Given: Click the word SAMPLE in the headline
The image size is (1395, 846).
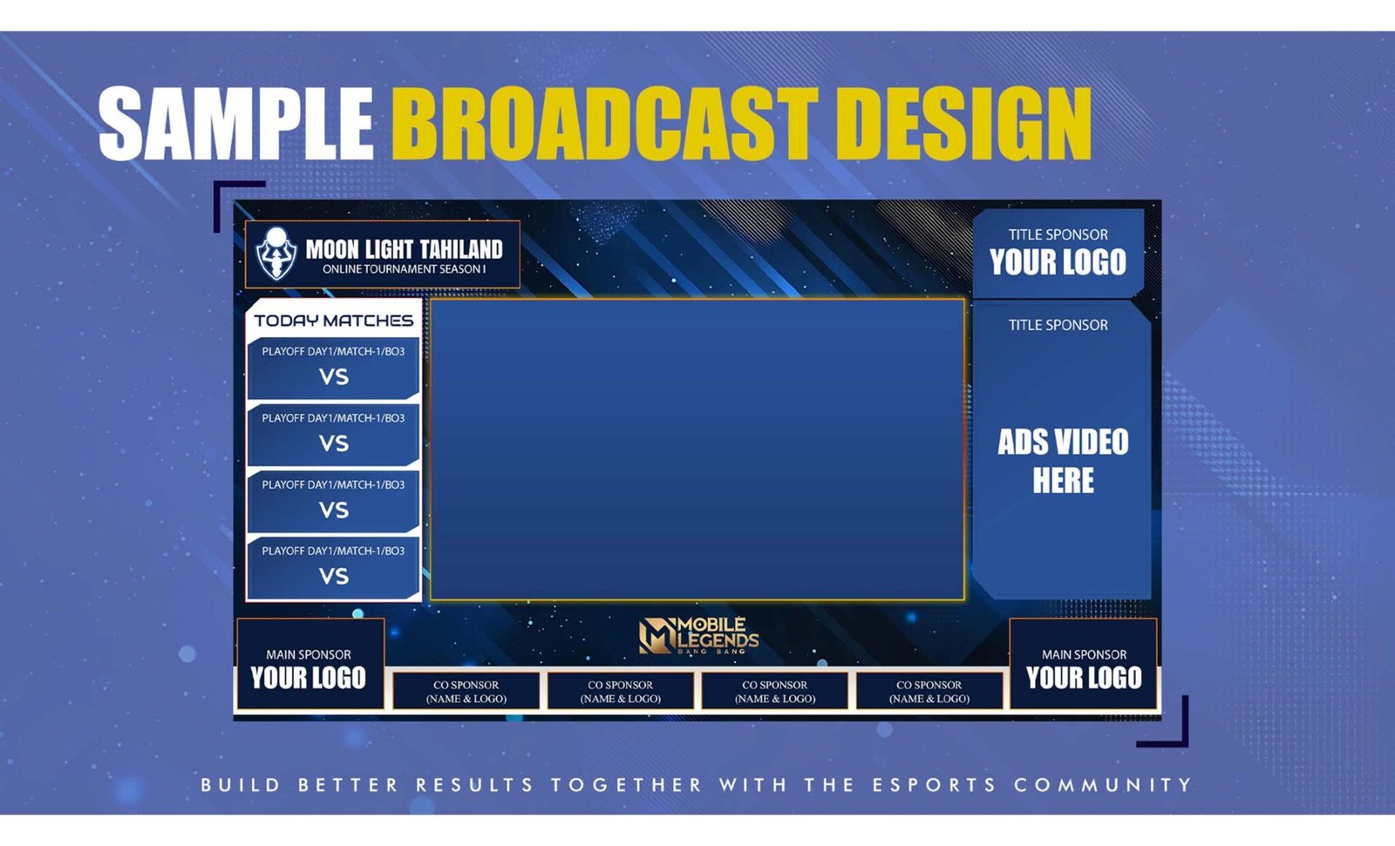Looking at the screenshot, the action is coord(236,123).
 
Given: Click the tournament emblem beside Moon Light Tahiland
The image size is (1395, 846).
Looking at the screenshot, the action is coord(276,254).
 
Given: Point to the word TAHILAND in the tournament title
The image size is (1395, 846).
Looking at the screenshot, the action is coord(461,250).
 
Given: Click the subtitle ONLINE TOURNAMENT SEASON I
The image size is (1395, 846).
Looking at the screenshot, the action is coord(404,269).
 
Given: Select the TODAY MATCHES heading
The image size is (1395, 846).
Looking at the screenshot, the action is coord(333,321).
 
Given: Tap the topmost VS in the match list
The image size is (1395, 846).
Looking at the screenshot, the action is coord(334,376).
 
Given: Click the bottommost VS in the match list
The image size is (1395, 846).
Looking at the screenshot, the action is coord(334,576).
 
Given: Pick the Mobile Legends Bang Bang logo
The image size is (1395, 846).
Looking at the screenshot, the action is coord(698,636).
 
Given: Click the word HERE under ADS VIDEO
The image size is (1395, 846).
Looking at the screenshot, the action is coord(1063,480).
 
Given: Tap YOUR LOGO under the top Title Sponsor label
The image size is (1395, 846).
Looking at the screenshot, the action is coord(1058,261).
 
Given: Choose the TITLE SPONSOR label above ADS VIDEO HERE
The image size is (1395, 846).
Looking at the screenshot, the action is coord(1058,325).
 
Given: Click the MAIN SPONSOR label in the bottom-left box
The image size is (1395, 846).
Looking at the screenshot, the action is coord(309,655).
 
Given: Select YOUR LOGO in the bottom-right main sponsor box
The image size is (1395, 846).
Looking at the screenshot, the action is coord(1085,677).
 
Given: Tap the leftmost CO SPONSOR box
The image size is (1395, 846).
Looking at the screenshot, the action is coord(466,691).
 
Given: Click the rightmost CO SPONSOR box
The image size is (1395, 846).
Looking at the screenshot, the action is coord(929,691).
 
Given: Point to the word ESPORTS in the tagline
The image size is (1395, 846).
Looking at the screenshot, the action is coord(934,785).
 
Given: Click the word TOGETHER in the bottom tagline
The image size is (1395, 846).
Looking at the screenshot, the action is coord(627,785).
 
